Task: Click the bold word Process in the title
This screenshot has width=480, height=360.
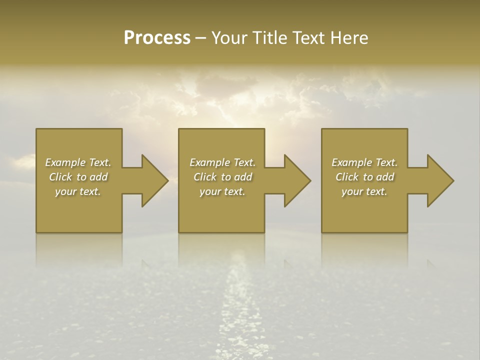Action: click(157, 38)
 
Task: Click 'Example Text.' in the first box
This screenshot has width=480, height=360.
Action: click(78, 162)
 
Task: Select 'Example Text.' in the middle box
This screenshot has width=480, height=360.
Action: click(222, 162)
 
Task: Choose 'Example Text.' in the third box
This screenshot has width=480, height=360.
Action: click(364, 162)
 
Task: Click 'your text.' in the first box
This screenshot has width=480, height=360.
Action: click(78, 191)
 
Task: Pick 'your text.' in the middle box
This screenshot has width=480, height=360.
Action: click(222, 191)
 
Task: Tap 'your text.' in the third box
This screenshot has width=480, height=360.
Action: click(364, 191)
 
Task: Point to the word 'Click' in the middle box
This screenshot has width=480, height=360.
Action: click(204, 177)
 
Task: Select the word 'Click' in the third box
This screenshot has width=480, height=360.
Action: click(346, 177)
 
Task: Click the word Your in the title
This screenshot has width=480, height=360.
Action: click(228, 38)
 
